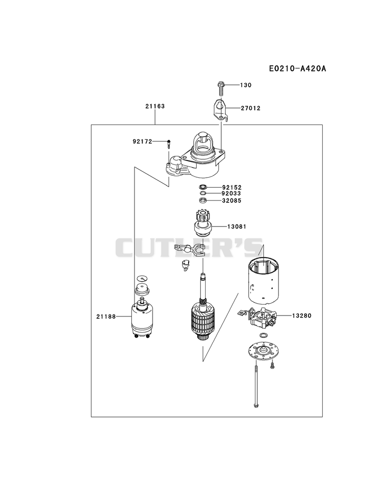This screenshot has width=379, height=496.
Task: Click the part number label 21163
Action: coord(155,106)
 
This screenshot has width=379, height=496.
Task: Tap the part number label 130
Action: coord(246,85)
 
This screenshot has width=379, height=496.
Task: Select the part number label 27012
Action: coord(251,108)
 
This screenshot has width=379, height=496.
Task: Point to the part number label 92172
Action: coord(143,141)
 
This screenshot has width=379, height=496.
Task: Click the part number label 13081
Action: coord(237,226)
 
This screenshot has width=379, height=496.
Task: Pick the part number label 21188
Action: coord(106,316)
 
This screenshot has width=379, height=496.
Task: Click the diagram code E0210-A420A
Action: coord(298,68)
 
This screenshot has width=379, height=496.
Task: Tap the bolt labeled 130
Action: coord(221,89)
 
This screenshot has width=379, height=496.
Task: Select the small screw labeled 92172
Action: coord(169,144)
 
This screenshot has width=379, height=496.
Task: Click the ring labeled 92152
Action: coord(203,187)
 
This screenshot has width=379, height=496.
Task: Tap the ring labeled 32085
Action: coord(203,200)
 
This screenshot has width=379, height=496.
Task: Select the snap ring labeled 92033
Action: coord(203,193)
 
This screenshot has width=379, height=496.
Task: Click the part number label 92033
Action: coord(231,194)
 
